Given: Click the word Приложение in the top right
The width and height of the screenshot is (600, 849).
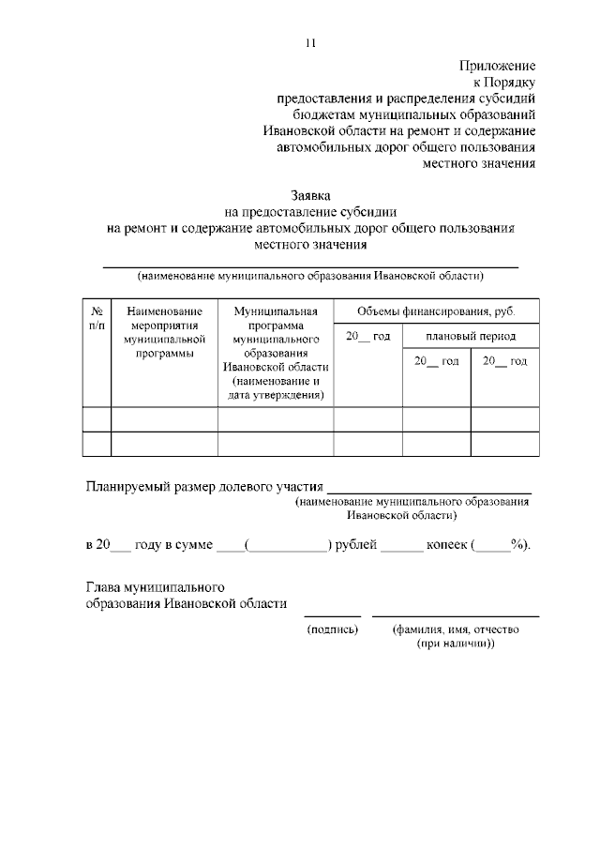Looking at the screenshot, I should point(497,66).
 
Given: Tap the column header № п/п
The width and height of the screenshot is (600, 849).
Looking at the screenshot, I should point(97,317).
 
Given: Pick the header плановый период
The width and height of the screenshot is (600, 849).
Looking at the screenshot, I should point(470,336).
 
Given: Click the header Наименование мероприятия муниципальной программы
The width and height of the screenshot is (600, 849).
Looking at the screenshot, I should point(164,332).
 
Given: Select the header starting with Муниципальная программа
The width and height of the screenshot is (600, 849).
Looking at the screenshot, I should point(276,353).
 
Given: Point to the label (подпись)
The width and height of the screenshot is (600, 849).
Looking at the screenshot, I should point(333,629).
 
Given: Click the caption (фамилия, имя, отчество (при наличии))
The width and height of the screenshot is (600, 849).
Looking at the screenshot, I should point(456,637).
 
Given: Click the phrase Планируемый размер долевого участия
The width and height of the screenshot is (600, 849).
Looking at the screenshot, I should point(204,487).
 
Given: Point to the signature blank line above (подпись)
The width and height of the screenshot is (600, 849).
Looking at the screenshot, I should point(332,614).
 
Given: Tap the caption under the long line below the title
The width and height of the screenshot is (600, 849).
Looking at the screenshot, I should point(309,277).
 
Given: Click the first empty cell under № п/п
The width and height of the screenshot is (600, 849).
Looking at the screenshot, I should point(97,418).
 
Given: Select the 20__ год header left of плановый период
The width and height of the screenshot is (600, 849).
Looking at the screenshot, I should point(367,336).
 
